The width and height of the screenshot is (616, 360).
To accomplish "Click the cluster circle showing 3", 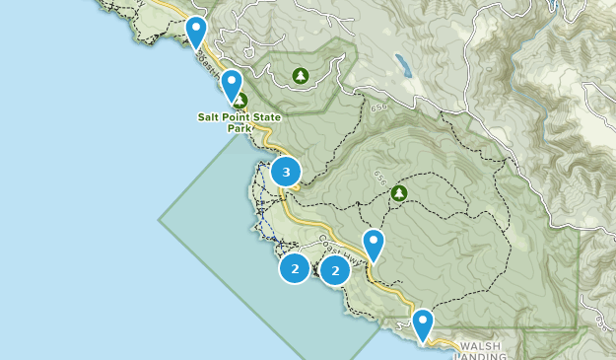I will (286, 173).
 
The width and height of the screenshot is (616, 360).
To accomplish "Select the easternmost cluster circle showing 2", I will (335, 269).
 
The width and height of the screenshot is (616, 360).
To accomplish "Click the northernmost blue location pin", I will (197, 32).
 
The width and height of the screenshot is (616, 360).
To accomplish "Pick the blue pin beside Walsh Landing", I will (423, 324).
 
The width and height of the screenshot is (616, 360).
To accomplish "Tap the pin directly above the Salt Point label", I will (233, 86).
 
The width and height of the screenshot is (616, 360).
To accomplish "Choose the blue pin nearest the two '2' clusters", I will (374, 244).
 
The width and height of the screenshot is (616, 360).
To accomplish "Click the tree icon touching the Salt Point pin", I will (240, 100).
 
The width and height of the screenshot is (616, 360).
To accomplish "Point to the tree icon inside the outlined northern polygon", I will (301, 75).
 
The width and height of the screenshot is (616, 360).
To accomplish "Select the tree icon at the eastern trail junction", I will (399, 192).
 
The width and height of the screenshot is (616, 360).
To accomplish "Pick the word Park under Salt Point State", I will (239, 128).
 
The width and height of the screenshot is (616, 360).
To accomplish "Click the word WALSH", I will (480, 346).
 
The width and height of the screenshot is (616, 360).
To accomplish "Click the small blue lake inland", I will (403, 65).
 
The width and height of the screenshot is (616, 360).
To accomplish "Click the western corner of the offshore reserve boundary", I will (160, 214).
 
